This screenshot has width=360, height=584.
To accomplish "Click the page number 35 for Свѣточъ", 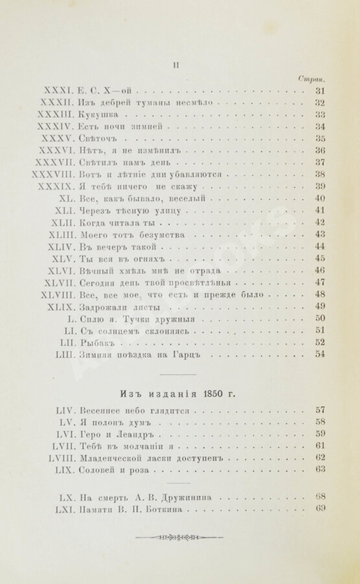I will pyautogui.click(x=319, y=139).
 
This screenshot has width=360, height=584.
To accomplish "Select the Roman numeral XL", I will pyautogui.click(x=67, y=199).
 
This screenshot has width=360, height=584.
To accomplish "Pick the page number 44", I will pyautogui.click(x=319, y=247).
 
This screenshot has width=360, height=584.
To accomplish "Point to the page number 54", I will pyautogui.click(x=319, y=354).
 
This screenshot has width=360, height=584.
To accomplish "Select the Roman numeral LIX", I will pyautogui.click(x=67, y=468).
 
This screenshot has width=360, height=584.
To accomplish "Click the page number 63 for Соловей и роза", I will pyautogui.click(x=319, y=468).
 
